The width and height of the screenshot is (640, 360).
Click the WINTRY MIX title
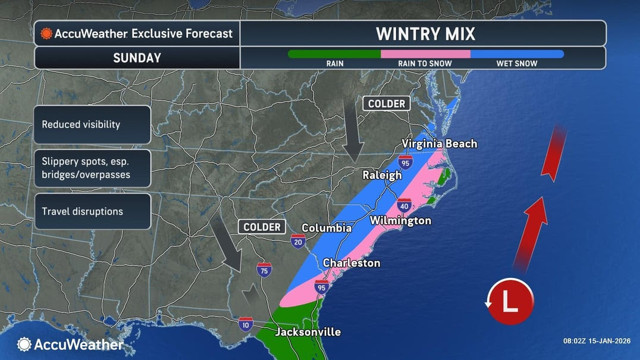pyautogui.click(x=425, y=33)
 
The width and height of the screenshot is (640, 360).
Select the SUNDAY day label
pyautogui.click(x=137, y=58)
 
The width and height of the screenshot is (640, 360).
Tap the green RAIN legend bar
pyautogui.click(x=334, y=54)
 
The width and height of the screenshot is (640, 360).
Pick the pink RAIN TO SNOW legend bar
pyautogui.click(x=425, y=54)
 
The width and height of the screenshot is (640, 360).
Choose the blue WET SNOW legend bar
pyautogui.click(x=516, y=54)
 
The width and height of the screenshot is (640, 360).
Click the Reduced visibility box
pyautogui.click(x=92, y=125)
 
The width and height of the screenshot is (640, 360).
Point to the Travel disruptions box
pyautogui.click(x=92, y=211)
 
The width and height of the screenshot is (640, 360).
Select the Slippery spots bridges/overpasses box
pyautogui.click(x=92, y=168)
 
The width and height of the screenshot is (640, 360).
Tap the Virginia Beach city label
pyautogui.click(x=439, y=143)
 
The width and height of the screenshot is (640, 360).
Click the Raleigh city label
pyautogui.click(x=382, y=176)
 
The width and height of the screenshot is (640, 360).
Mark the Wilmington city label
pyautogui.click(x=400, y=221)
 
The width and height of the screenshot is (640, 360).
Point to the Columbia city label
pyautogui.click(x=327, y=228)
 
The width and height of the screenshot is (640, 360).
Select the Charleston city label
pyautogui.click(x=351, y=263)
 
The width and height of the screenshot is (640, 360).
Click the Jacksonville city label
pyautogui.click(x=308, y=332)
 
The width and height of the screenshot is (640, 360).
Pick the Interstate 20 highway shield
pyautogui.click(x=298, y=240)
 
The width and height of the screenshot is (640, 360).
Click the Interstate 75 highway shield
pyautogui.click(x=264, y=270)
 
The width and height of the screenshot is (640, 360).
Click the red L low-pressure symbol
pyautogui.click(x=510, y=302)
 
